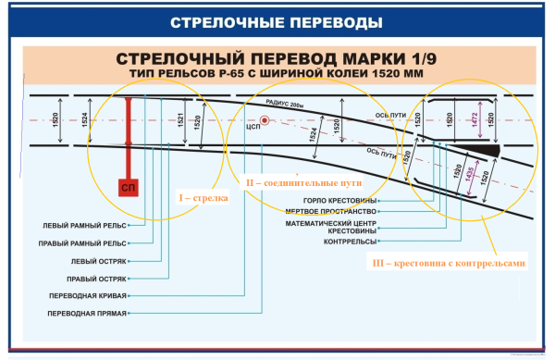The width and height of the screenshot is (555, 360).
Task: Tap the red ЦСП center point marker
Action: [x=265, y=120]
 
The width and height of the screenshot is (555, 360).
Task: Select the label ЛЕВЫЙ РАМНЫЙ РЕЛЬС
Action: [x=85, y=225]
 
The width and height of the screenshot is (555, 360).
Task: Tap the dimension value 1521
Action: [x=178, y=120]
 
